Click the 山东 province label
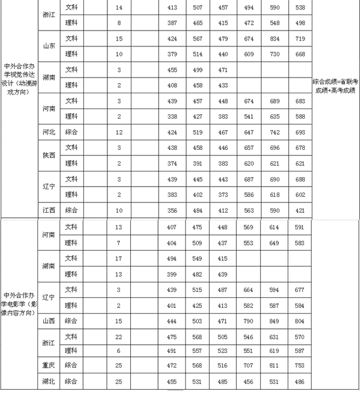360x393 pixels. [x=48, y=46]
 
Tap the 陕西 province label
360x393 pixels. [x=48, y=156]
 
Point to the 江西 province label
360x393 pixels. [x=48, y=210]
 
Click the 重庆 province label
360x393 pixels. [x=48, y=365]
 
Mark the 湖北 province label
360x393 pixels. [x=48, y=382]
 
